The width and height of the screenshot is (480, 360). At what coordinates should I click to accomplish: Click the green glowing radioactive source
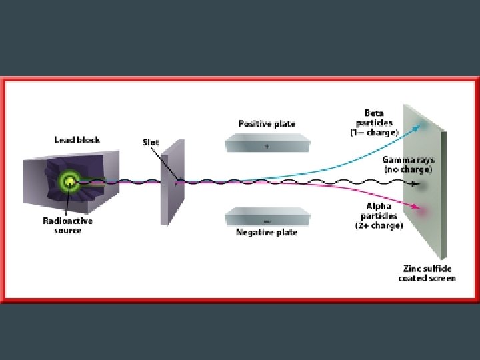[68, 181]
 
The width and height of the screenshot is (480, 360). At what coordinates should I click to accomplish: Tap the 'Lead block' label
[77, 140]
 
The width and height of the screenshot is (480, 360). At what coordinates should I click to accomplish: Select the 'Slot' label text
[151, 142]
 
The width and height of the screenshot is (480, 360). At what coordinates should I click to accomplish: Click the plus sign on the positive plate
[267, 147]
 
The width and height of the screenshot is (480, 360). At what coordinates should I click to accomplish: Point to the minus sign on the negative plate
[267, 219]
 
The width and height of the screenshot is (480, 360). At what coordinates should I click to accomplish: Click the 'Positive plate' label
[267, 124]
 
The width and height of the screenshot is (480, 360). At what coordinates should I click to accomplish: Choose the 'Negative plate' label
[267, 233]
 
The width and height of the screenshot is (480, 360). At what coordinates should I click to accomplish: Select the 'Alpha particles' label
[379, 211]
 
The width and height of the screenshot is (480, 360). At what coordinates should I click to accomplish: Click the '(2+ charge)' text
[379, 225]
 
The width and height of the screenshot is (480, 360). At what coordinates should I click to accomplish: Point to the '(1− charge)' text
[375, 133]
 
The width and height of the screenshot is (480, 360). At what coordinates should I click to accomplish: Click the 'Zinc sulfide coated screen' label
[427, 273]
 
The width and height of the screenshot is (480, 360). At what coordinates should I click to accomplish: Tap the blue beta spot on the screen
[423, 125]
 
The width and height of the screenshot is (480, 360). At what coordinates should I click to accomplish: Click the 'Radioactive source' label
[67, 225]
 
